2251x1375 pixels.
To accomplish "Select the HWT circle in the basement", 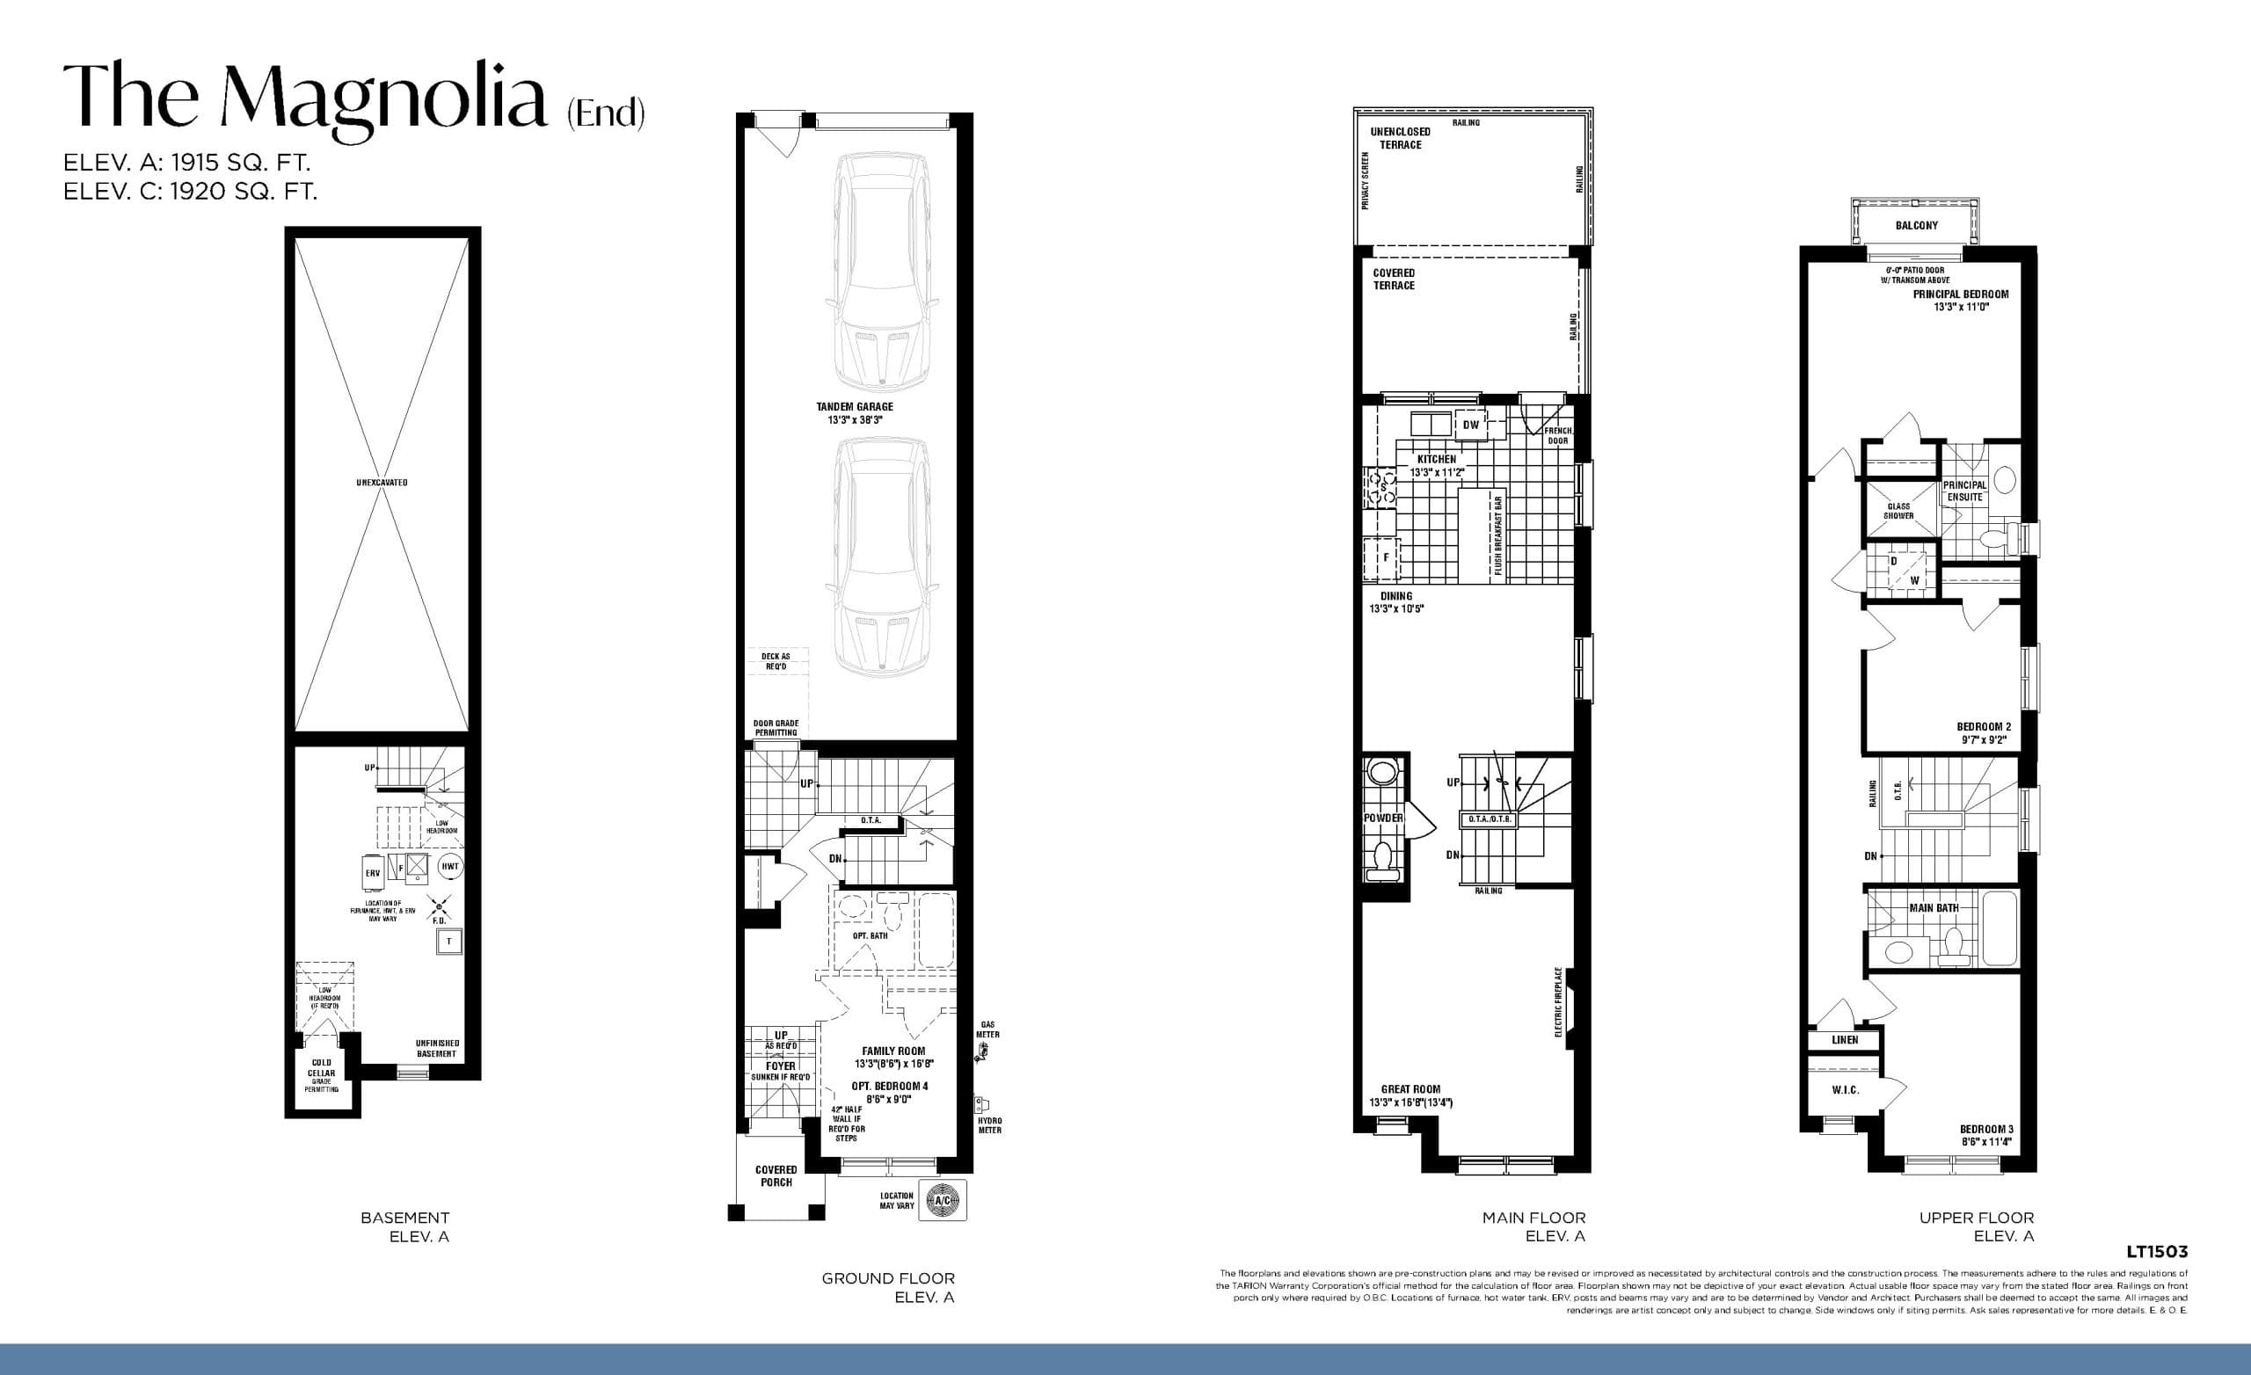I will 449,866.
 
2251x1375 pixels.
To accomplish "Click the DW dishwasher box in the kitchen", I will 1470,425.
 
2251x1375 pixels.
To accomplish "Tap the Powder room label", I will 1382,818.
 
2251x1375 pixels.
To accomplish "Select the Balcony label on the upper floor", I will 1916,225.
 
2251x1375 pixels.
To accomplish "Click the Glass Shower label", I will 1898,511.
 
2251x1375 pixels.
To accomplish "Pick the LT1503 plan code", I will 2156,1252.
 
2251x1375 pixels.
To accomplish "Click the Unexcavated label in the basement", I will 382,483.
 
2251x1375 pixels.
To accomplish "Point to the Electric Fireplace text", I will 1558,1002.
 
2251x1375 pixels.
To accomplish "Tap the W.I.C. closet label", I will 1846,1090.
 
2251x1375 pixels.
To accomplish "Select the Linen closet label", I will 1845,1040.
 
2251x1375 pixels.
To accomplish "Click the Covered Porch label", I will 776,1175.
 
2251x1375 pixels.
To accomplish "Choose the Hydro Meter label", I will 989,1125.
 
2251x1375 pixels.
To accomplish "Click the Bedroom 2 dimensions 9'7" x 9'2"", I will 1984,740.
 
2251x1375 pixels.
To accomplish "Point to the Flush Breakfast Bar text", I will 1498,536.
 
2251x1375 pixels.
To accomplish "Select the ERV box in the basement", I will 373,873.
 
